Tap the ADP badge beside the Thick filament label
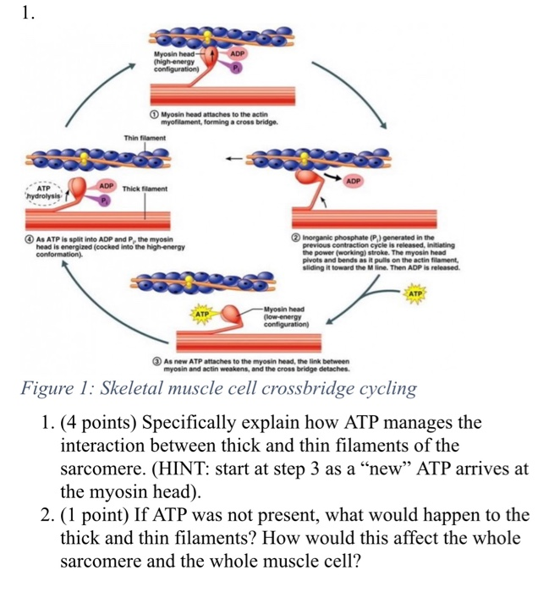click(x=107, y=184)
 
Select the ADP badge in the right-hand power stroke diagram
click(x=353, y=181)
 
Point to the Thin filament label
click(x=146, y=138)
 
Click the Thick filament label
click(x=145, y=189)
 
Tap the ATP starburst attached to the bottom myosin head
click(x=202, y=313)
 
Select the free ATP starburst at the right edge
click(x=415, y=293)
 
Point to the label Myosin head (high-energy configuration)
click(x=175, y=61)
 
